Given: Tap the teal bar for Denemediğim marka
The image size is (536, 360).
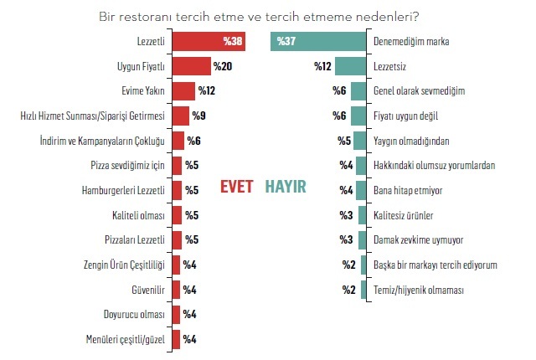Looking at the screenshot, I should (x=319, y=41).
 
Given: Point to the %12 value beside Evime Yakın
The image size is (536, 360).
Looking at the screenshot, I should (x=206, y=90).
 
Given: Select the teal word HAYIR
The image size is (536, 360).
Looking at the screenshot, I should (x=286, y=186).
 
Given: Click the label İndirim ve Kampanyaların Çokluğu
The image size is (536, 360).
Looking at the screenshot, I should (x=103, y=141).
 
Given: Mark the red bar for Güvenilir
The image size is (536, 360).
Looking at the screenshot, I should (x=176, y=290).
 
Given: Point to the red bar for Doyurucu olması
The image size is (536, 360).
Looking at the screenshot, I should (x=176, y=314).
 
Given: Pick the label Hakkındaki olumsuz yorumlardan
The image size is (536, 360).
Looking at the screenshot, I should (x=435, y=165).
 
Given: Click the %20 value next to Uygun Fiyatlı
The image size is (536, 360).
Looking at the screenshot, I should (x=222, y=65).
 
